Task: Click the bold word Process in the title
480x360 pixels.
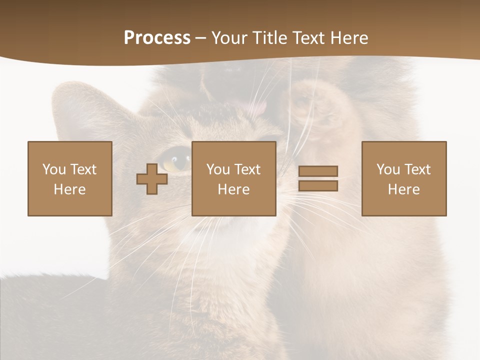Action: (x=157, y=38)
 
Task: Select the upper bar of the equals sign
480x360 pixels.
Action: (x=318, y=171)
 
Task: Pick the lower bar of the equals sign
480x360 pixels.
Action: (x=318, y=186)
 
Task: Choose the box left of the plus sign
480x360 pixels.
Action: (x=69, y=178)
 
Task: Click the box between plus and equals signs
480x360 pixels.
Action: (x=233, y=178)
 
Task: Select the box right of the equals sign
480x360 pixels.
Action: (x=403, y=178)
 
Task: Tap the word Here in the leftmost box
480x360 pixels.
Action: (x=69, y=189)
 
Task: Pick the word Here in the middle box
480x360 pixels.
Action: (x=233, y=189)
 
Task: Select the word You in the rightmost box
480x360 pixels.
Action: (x=388, y=169)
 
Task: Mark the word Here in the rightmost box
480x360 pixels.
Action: (x=403, y=189)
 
